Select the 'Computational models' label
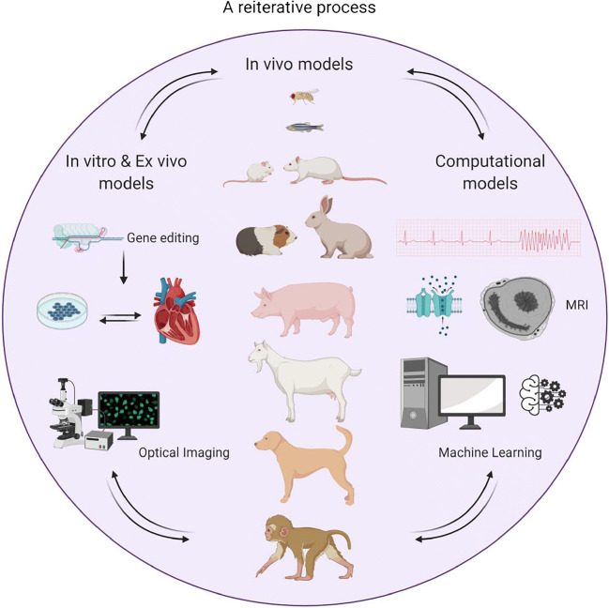tap(493, 171)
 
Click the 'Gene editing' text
tap(164, 238)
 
